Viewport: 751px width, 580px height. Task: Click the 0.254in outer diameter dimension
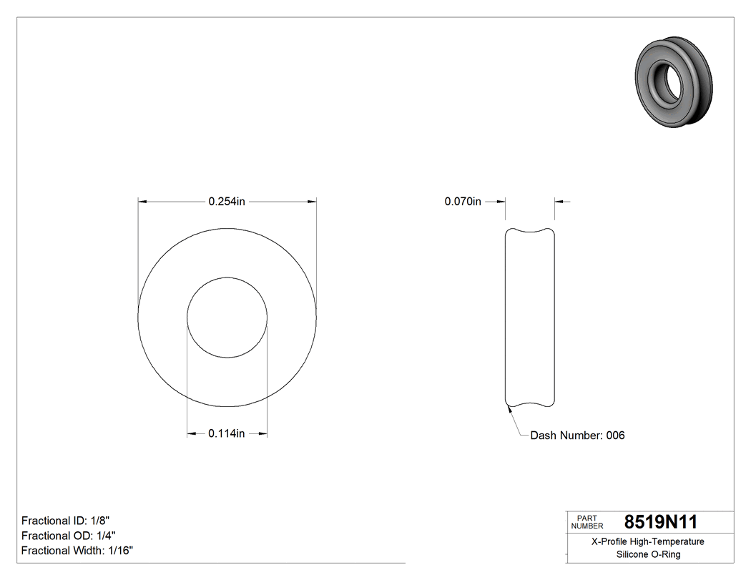point(227,202)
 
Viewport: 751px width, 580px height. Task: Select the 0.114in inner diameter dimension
point(227,433)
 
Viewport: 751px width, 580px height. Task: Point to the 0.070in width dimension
point(463,202)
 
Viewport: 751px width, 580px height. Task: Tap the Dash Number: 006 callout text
point(577,435)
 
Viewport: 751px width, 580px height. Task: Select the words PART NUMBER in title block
point(586,522)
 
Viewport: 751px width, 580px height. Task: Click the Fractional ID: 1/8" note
point(66,520)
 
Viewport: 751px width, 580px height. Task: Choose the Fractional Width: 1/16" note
point(77,550)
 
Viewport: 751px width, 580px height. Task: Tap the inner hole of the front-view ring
point(227,317)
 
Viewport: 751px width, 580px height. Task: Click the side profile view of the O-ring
point(530,317)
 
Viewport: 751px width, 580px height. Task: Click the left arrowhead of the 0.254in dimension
point(142,202)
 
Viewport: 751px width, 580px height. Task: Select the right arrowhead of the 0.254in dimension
point(312,202)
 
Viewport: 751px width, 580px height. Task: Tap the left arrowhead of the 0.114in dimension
point(191,433)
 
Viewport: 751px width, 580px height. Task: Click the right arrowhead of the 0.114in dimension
point(262,433)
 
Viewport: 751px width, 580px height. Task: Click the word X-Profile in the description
point(610,541)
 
